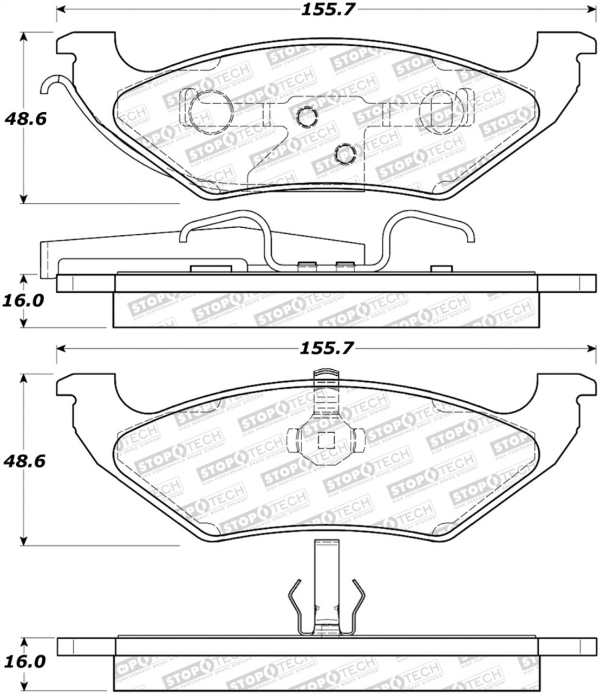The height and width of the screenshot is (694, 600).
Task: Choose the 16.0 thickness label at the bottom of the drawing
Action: tap(24, 661)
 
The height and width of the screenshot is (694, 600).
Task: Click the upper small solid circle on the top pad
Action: tap(306, 115)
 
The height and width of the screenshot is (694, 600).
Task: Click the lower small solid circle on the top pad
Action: tap(344, 155)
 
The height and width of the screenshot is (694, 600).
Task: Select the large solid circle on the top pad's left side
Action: tap(212, 108)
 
